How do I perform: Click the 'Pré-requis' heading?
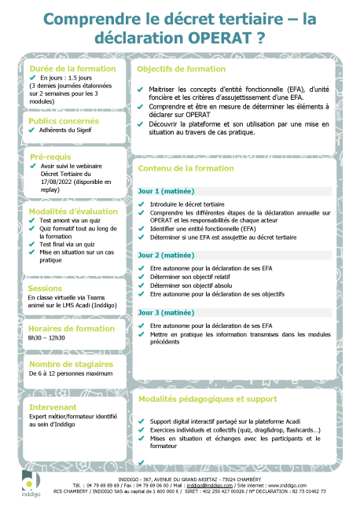51,156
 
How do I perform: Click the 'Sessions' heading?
46,288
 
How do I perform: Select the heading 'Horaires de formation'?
72,327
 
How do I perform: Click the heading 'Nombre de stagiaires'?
68,364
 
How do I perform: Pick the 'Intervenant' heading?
53,407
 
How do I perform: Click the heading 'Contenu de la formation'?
186,168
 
